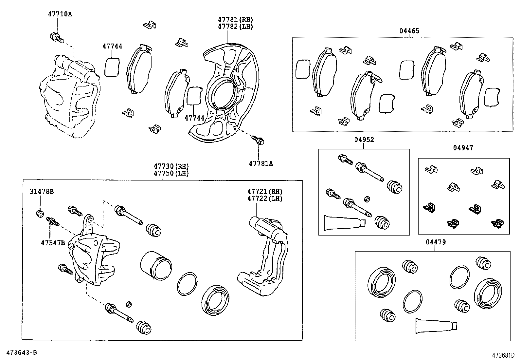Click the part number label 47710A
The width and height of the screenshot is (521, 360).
pyautogui.click(x=60, y=14)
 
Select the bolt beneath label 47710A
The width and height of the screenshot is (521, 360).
pyautogui.click(x=56, y=38)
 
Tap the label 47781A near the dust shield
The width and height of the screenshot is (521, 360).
pyautogui.click(x=261, y=163)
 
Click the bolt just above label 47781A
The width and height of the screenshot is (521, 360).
pyautogui.click(x=258, y=140)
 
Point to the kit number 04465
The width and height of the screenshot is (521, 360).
pyautogui.click(x=409, y=31)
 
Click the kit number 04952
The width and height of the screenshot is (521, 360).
pyautogui.click(x=364, y=140)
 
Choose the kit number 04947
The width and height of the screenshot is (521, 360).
pyautogui.click(x=463, y=148)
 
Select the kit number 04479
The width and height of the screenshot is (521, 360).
pyautogui.click(x=436, y=242)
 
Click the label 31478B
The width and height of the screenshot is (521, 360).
pyautogui.click(x=42, y=192)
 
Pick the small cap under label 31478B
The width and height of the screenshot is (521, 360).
pyautogui.click(x=40, y=214)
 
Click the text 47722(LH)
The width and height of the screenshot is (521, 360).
pyautogui.click(x=265, y=199)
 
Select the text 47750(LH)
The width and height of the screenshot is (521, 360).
pyautogui.click(x=171, y=174)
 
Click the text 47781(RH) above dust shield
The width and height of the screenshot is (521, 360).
pyautogui.click(x=236, y=20)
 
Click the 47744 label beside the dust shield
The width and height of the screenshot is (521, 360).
pyautogui.click(x=194, y=118)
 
